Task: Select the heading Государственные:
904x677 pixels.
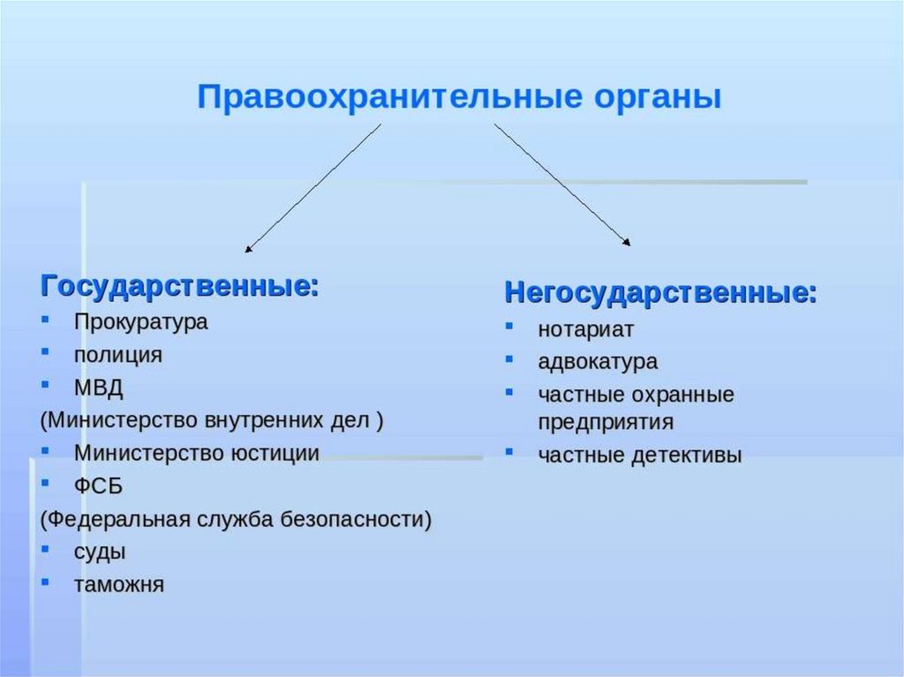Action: [x=179, y=286]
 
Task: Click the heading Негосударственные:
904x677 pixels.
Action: [x=660, y=292]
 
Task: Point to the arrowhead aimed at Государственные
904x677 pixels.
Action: [x=248, y=249]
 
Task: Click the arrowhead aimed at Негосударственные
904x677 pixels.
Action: [x=626, y=242]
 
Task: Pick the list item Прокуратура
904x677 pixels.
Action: [x=140, y=322]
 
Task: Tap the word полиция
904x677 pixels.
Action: [x=118, y=355]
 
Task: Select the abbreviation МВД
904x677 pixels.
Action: [x=99, y=387]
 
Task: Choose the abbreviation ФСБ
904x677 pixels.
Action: [x=99, y=486]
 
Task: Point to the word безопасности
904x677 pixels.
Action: [x=356, y=520]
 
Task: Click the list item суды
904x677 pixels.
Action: [x=100, y=553]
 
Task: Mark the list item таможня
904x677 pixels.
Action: [x=119, y=584]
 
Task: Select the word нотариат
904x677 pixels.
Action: [x=586, y=330]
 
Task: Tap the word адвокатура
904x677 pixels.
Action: [x=598, y=362]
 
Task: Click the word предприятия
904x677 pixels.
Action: [x=606, y=422]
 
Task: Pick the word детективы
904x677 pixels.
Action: [x=687, y=455]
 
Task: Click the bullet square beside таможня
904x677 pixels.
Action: [x=45, y=582]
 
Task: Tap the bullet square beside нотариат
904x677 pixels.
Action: [x=509, y=326]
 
